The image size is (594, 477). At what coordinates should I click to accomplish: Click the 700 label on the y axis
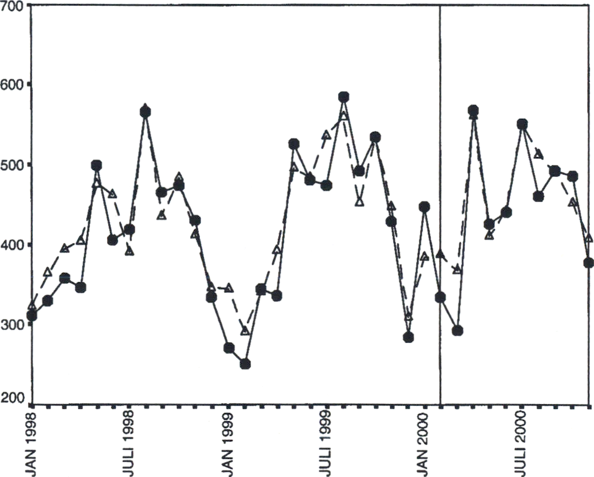11,7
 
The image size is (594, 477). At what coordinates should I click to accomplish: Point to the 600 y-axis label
11,85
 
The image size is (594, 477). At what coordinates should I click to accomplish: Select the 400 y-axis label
11,245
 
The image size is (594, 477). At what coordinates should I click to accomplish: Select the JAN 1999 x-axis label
230,442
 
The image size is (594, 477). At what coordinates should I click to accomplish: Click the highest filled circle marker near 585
343,97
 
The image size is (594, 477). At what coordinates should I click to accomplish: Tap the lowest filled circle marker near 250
245,364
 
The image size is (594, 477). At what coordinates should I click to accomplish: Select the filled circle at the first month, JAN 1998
32,315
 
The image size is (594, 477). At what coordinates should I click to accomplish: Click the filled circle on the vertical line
440,297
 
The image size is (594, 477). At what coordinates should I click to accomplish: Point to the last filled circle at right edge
589,263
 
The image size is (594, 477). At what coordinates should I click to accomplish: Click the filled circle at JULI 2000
522,124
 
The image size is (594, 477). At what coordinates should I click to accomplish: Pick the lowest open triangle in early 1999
245,331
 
